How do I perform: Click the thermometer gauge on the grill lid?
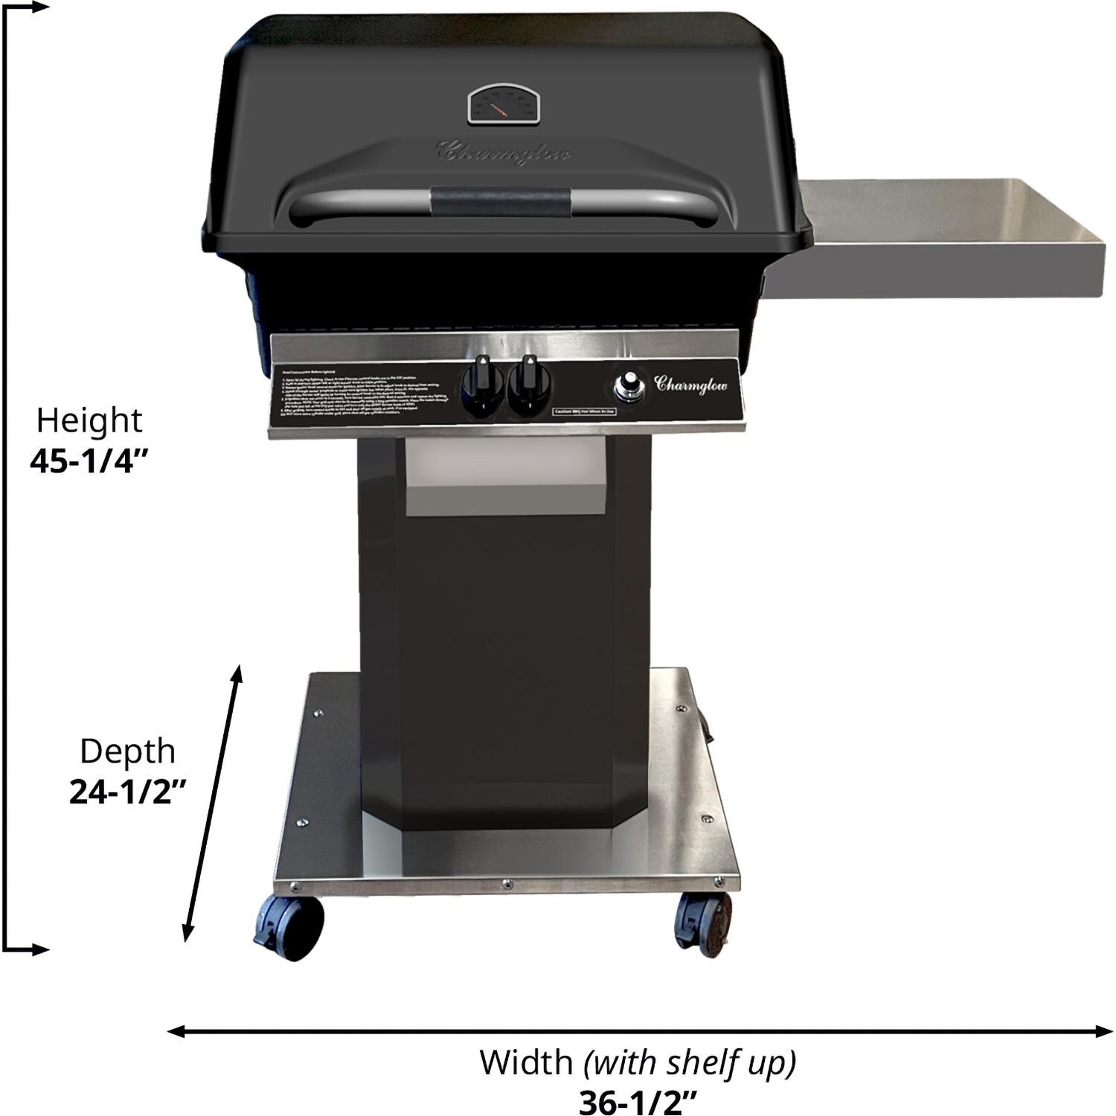(x=502, y=105)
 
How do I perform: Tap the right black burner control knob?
(x=529, y=384)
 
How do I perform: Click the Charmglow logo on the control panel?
(x=690, y=384)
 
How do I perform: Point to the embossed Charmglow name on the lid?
(x=503, y=152)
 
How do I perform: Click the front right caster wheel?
(x=702, y=923)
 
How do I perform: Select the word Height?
(x=89, y=420)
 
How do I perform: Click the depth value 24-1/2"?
(x=127, y=792)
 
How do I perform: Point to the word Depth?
(x=127, y=751)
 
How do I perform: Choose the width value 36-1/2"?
(x=638, y=1102)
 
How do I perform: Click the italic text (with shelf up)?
(x=690, y=1062)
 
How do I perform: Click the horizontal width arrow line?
(x=640, y=1031)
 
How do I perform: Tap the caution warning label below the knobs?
(x=584, y=411)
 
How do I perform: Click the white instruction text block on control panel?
(x=361, y=395)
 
